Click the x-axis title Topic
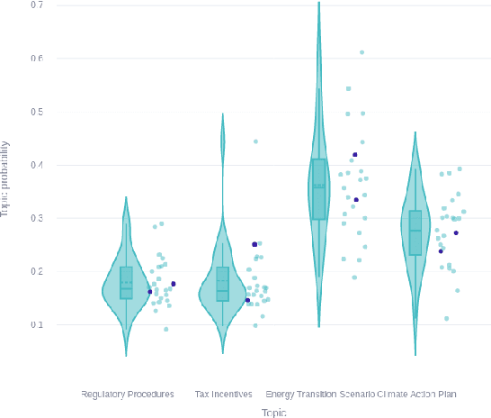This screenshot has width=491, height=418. coord(273,411)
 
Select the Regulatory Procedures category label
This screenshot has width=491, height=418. coord(127,394)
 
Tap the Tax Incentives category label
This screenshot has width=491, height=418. coord(222,394)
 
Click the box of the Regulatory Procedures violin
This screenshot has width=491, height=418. coord(127,283)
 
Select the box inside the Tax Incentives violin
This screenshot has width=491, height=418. coord(222,284)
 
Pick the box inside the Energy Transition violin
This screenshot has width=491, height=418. coord(318,189)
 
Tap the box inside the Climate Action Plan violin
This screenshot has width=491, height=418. coord(415,233)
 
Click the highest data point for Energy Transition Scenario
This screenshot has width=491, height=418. coord(362,52)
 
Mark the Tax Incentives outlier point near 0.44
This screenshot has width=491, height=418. coord(255,141)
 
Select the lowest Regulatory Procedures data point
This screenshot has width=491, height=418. coord(165,329)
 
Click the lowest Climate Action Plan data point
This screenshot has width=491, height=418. coord(446,318)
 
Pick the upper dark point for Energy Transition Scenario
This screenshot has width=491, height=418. coord(355,155)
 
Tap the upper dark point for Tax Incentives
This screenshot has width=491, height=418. coord(254,244)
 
